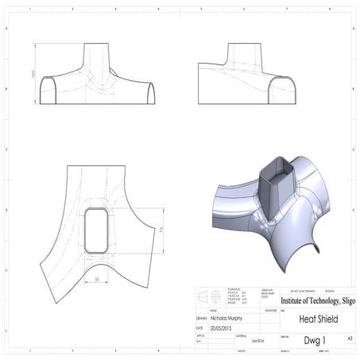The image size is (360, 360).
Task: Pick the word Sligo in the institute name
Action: (x=342, y=301)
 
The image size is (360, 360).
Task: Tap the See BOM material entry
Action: (x=258, y=339)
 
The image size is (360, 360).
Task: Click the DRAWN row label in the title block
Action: (x=201, y=317)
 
